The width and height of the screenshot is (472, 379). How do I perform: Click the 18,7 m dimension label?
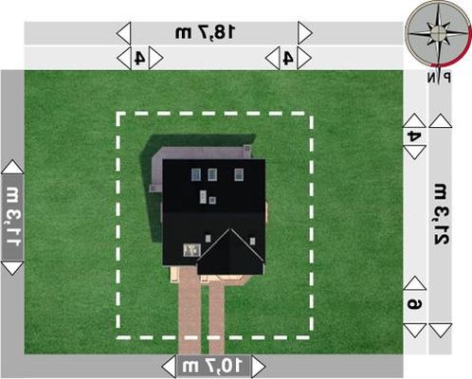(x=205, y=32)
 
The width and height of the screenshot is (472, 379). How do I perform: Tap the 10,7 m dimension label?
(x=212, y=367)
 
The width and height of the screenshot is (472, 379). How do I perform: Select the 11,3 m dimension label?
(x=13, y=217)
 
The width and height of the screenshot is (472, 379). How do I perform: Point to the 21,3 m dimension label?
(x=440, y=215)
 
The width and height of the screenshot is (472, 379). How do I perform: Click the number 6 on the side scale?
(x=414, y=304)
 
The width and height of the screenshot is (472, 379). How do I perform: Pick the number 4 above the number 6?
(x=414, y=136)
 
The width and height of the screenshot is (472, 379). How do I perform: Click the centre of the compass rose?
(x=438, y=31)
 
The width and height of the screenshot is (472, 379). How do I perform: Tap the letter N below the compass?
(x=431, y=77)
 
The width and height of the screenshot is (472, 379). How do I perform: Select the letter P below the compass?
(x=446, y=77)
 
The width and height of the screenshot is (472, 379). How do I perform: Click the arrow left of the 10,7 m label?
(x=169, y=367)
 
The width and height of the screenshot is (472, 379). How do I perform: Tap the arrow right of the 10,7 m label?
(x=259, y=367)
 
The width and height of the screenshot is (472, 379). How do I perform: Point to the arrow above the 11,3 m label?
(x=12, y=167)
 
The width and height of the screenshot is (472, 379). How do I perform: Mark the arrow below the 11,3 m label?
(x=12, y=268)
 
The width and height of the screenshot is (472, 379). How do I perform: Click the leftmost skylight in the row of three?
(x=196, y=174)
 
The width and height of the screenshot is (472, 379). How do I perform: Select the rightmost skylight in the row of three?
(x=239, y=174)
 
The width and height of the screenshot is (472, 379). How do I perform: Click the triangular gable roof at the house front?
(x=230, y=254)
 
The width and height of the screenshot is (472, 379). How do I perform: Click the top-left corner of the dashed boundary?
(x=118, y=114)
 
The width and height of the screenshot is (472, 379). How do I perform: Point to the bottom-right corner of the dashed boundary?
(x=311, y=337)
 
